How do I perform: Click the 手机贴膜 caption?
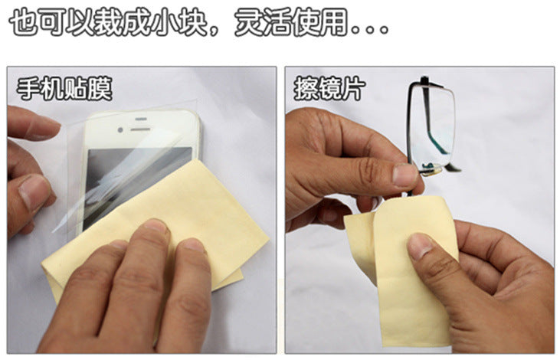pos(64,89)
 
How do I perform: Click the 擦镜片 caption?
pos(329,89)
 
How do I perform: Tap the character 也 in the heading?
pos(24,22)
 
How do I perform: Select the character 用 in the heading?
pos(333,22)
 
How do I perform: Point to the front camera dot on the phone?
pos(120,130)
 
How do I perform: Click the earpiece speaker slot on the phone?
pos(140,129)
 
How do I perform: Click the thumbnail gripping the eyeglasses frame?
pos(405,175)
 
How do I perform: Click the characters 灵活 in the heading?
pos(263,22)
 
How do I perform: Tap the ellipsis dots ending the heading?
pos(370,29)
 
